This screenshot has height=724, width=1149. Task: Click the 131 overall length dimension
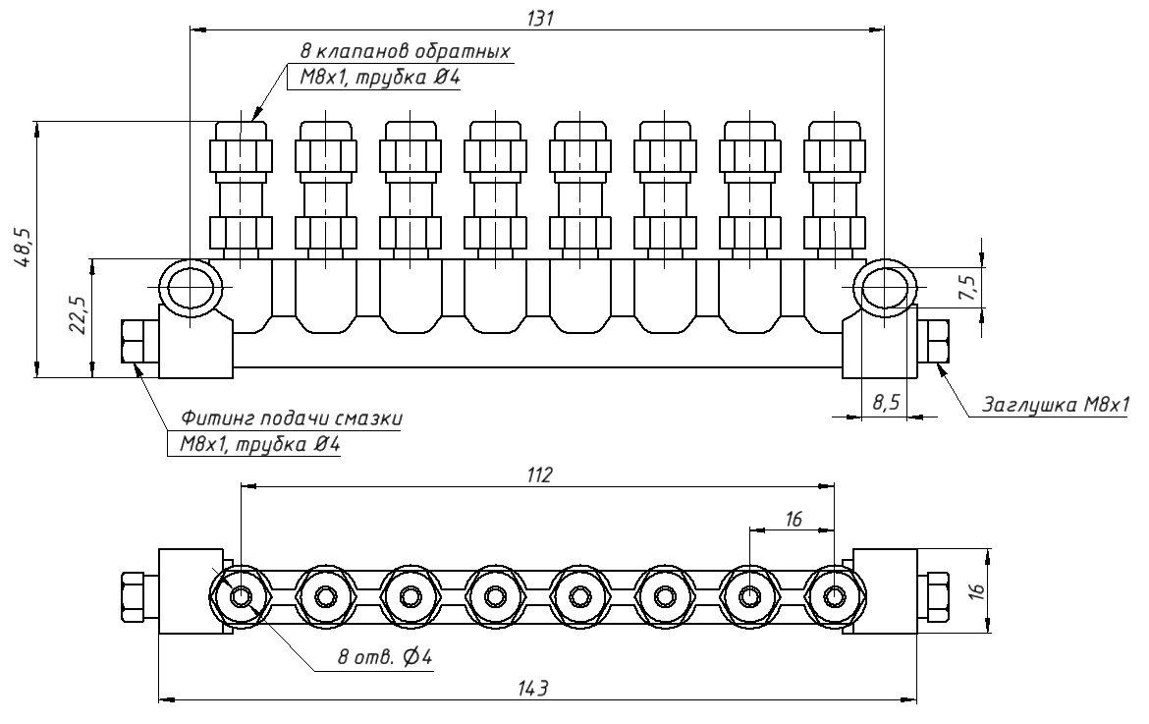coord(540,19)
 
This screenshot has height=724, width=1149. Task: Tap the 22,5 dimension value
coord(80,316)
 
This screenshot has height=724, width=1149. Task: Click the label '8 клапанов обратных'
coord(406,52)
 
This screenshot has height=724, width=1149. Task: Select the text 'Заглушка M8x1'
coord(1056,405)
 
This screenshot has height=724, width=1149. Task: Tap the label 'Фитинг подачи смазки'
coord(292,418)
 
